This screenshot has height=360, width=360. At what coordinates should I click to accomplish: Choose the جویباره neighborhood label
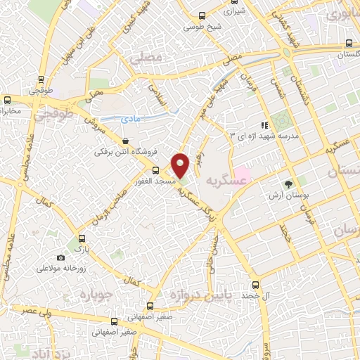97,294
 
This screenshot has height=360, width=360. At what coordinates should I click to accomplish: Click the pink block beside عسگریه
241,172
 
